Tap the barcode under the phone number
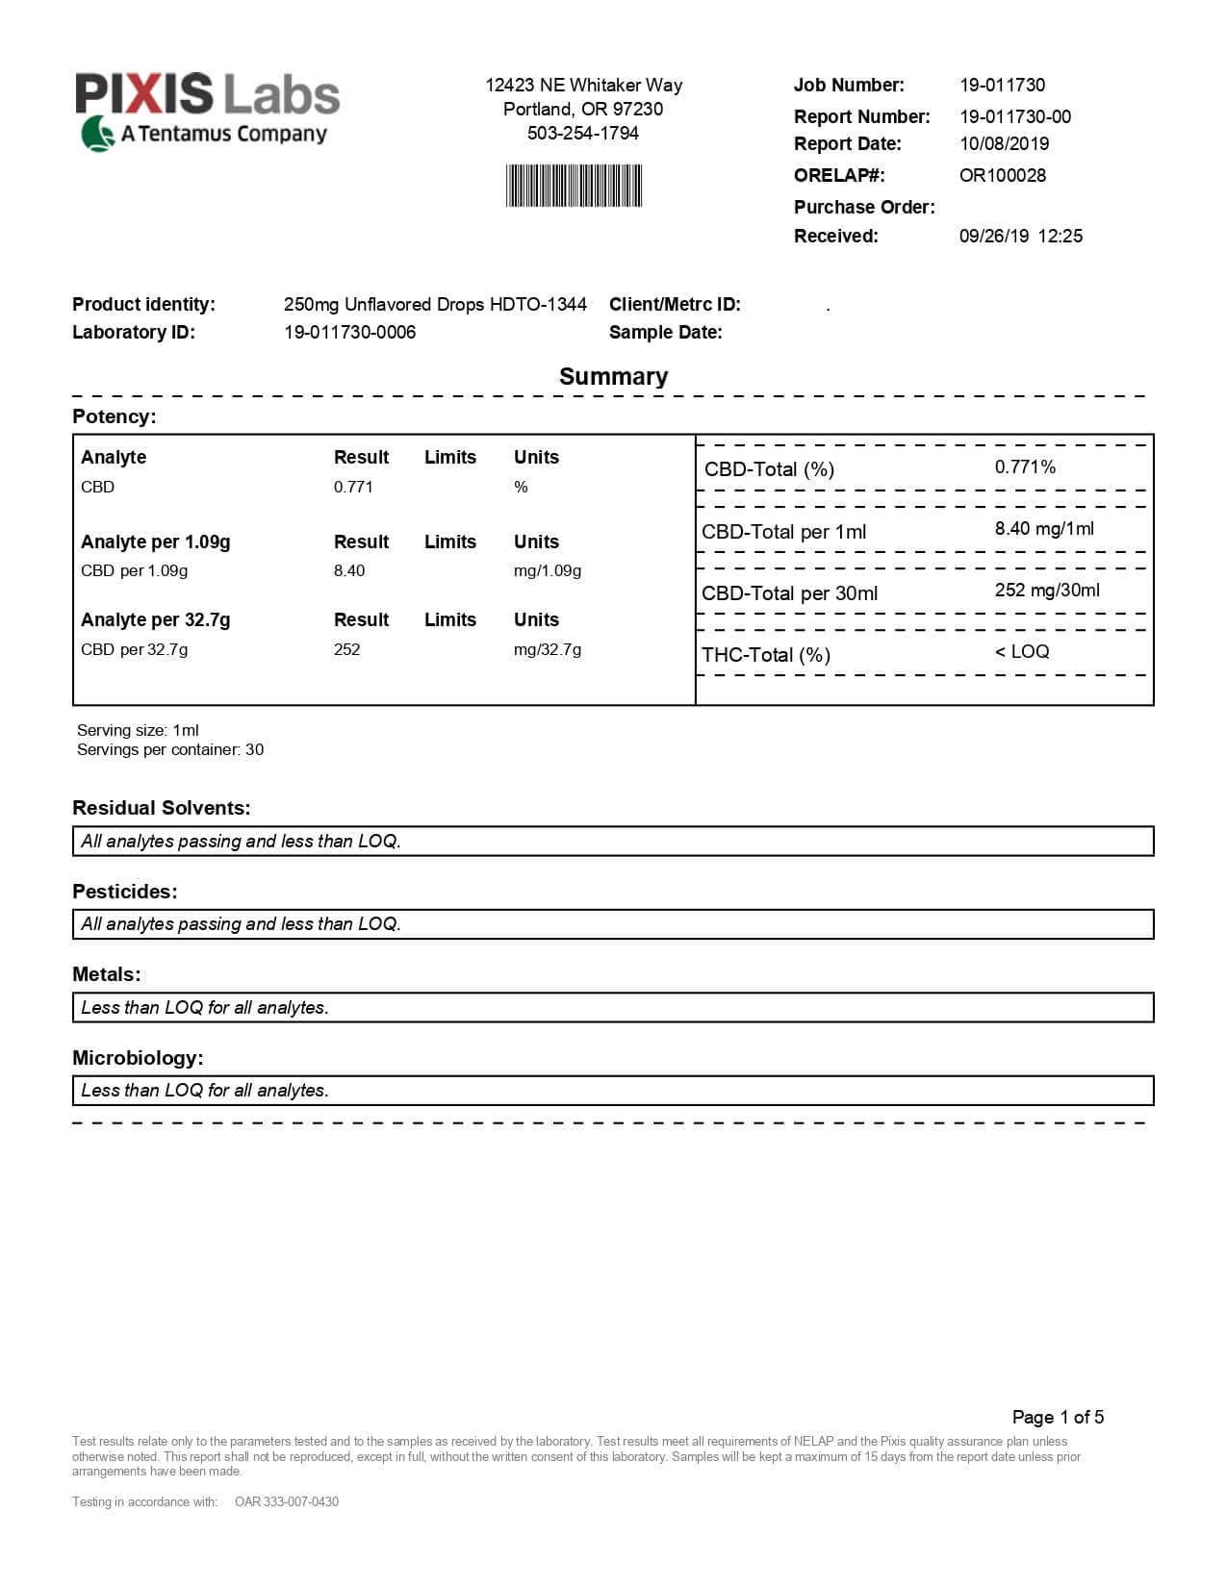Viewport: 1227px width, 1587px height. (x=574, y=186)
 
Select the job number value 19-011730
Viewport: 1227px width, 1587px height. (x=1002, y=85)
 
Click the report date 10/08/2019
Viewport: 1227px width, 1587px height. (x=1004, y=143)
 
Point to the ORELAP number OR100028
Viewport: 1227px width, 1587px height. (x=1002, y=175)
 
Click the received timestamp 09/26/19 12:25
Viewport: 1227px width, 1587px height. (x=1020, y=236)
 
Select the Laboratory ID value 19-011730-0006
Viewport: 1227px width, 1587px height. (x=349, y=332)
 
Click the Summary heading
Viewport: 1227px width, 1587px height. (x=613, y=376)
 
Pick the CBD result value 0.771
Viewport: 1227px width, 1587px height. (x=353, y=487)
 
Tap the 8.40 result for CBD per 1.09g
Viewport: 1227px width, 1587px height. (x=349, y=570)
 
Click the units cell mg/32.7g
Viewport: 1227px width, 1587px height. (x=547, y=649)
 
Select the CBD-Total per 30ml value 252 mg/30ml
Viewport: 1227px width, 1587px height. (x=1047, y=590)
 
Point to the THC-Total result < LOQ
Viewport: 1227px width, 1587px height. (x=1022, y=651)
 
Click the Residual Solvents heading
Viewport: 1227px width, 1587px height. (x=161, y=808)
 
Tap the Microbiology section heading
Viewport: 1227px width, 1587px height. (x=138, y=1058)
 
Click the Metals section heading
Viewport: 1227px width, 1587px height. (x=106, y=974)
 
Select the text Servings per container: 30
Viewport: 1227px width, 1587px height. (x=170, y=749)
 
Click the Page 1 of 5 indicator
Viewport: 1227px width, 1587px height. (x=1058, y=1417)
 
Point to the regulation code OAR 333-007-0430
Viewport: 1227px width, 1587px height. (x=287, y=1501)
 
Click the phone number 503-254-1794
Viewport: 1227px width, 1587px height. (x=582, y=133)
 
